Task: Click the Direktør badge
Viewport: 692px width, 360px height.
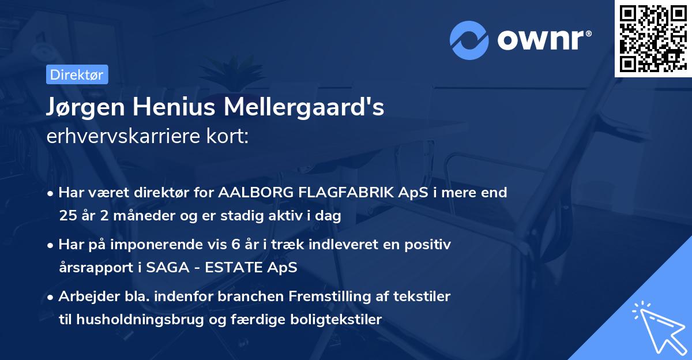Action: pyautogui.click(x=77, y=74)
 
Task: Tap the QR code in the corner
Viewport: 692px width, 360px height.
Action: pyautogui.click(x=653, y=39)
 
